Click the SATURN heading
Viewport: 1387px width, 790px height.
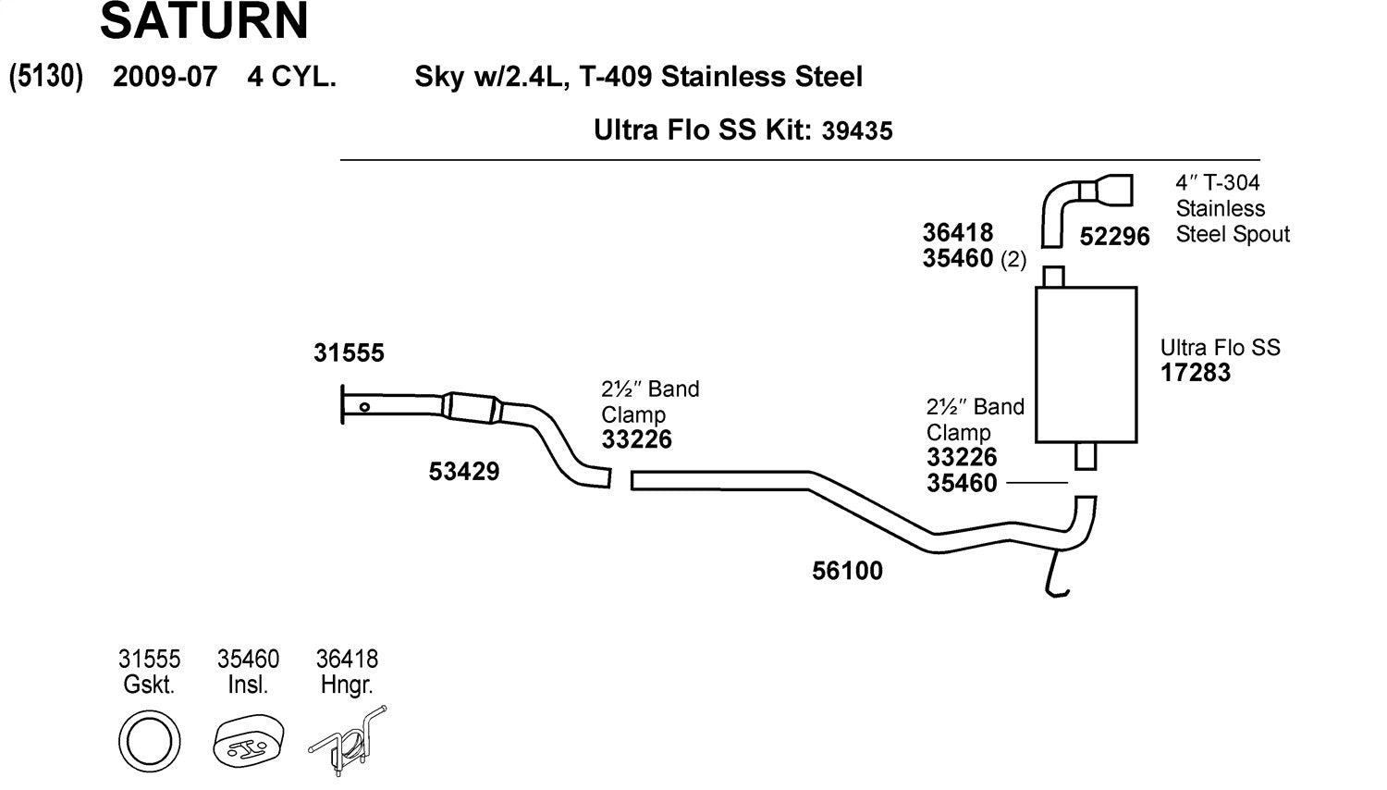click(x=203, y=22)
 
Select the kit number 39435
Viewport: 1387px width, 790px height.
click(x=857, y=131)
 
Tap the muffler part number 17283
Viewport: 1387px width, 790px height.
click(x=1196, y=373)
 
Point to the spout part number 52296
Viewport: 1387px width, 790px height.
click(x=1114, y=237)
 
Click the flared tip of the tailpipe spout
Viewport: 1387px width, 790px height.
click(x=1115, y=190)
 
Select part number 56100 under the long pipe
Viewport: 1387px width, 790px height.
click(x=847, y=571)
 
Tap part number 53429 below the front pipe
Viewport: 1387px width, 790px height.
click(x=463, y=472)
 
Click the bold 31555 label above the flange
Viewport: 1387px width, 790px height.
click(x=349, y=353)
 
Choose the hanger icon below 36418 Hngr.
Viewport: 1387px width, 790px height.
click(x=347, y=741)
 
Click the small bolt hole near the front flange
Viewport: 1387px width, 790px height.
click(x=365, y=407)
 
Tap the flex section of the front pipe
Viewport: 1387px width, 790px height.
click(x=473, y=409)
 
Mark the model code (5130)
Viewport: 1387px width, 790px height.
click(x=46, y=77)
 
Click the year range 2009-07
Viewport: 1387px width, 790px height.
click(x=165, y=77)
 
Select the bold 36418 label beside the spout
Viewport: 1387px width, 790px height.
click(x=957, y=232)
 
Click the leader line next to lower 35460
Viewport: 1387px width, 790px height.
click(x=1036, y=483)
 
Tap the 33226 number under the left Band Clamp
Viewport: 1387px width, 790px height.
click(x=636, y=440)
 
